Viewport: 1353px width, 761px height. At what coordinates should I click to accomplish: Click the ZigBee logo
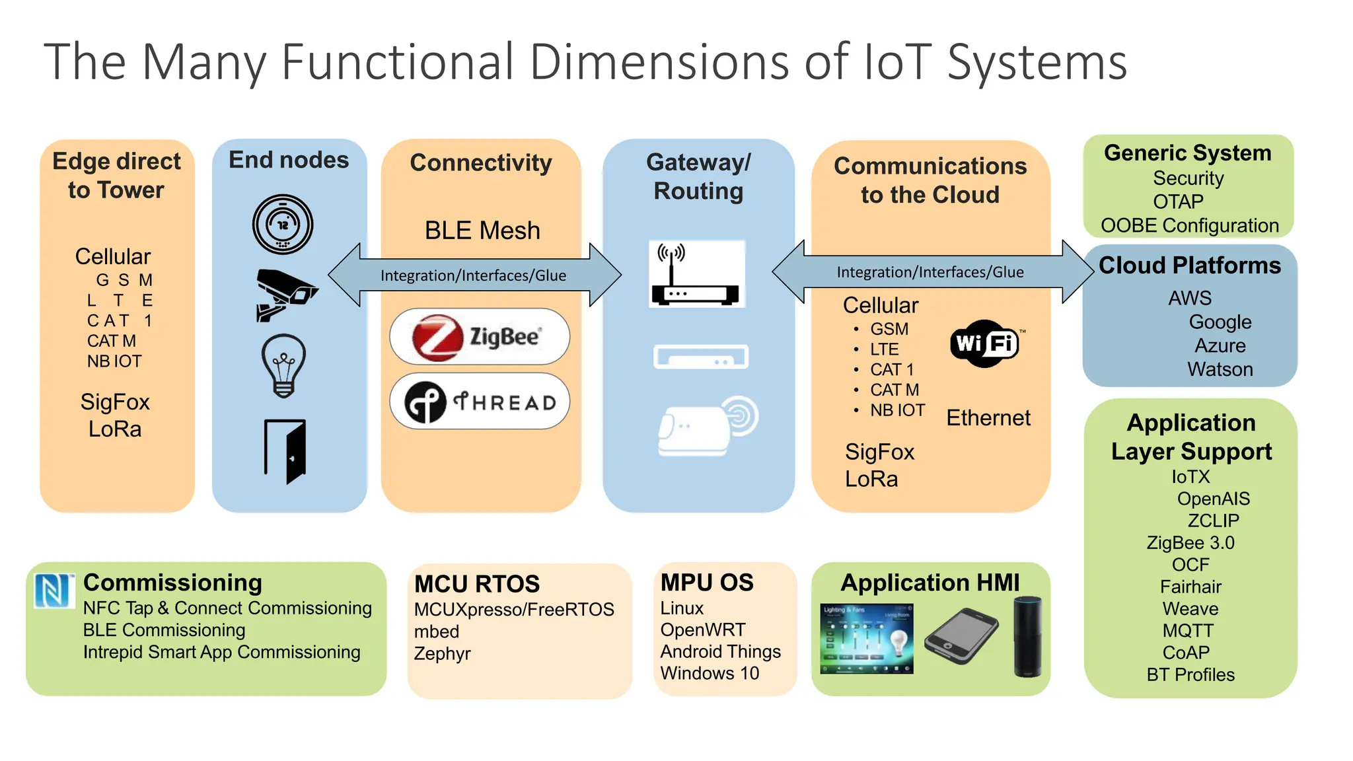pos(479,337)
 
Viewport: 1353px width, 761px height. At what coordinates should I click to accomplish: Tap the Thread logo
pos(479,402)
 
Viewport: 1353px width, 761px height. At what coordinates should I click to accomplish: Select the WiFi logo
pos(984,344)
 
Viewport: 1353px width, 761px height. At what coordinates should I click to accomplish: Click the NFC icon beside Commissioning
pos(54,590)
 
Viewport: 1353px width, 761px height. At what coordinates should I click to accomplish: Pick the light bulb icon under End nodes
pos(284,365)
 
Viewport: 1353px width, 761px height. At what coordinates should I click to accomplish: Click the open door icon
pos(285,451)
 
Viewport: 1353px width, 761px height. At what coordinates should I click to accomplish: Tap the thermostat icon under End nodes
pos(283,225)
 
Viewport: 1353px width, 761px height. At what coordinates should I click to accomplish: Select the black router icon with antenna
pos(696,274)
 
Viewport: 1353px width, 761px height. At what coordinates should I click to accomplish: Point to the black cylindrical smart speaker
pos(1027,635)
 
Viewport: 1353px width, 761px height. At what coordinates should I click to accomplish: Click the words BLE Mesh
pos(482,231)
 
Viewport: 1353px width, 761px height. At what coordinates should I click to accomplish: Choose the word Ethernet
pos(988,417)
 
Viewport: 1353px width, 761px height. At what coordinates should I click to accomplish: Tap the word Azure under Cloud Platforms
pos(1220,345)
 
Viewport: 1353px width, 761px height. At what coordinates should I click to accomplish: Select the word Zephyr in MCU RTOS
pos(442,653)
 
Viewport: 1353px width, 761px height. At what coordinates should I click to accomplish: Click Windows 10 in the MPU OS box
pos(710,673)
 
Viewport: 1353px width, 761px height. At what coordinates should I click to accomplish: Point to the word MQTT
pos(1188,630)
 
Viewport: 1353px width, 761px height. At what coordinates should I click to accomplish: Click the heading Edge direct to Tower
pos(116,176)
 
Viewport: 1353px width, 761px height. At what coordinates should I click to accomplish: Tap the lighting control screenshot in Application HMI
pos(866,638)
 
